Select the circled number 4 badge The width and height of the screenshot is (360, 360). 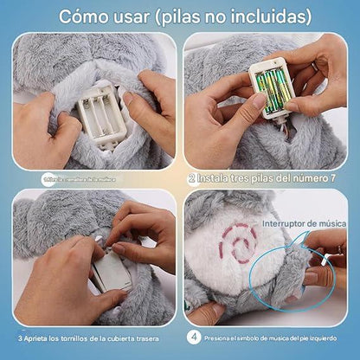[196, 337]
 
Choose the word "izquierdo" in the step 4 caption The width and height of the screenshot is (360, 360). [328, 338]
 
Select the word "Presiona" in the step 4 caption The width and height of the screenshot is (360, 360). [222, 338]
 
